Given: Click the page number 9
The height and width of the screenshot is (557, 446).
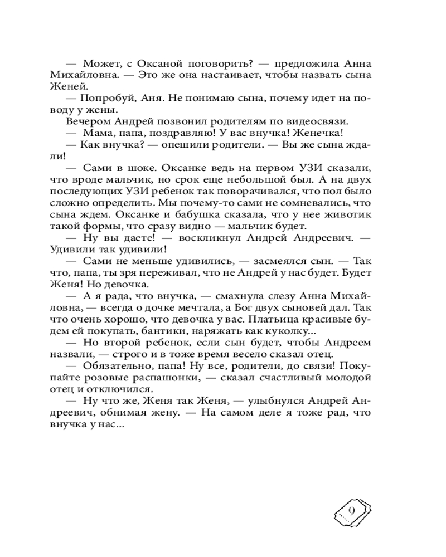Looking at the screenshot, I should tap(351, 512).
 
